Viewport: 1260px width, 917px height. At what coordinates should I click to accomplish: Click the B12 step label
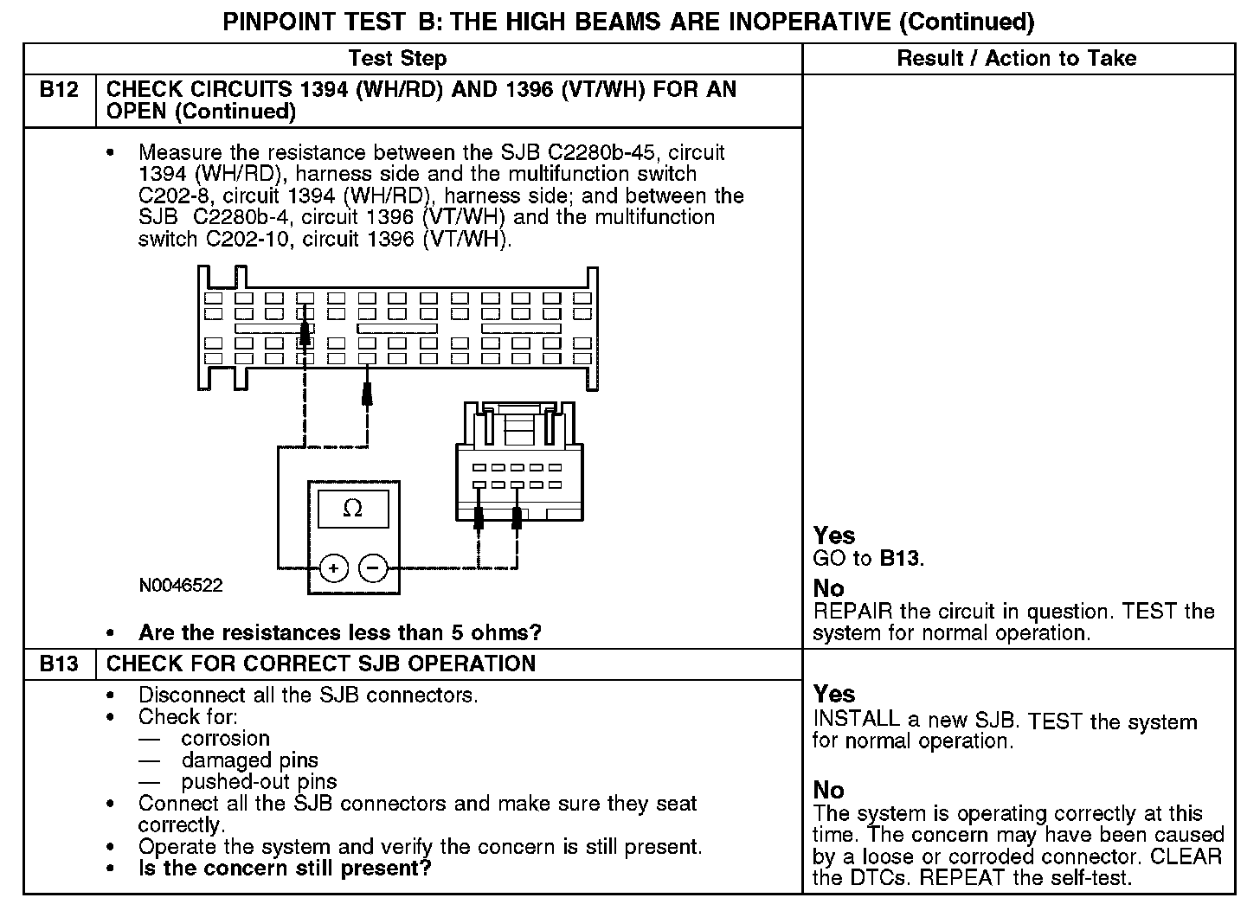(59, 90)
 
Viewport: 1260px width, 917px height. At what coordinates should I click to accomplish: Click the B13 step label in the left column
(59, 664)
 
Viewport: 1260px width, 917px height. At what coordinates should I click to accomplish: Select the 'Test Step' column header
(397, 59)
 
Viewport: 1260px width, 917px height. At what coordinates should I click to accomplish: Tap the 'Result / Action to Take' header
(1017, 59)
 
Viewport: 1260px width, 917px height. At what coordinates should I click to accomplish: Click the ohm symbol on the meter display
(353, 509)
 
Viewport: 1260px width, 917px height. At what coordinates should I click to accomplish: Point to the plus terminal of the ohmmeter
(334, 568)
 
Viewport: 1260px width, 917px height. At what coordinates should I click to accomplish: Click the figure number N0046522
(180, 586)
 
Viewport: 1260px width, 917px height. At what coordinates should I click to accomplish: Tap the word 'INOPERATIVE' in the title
(810, 22)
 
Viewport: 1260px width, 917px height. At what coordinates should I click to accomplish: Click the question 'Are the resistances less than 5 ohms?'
(339, 633)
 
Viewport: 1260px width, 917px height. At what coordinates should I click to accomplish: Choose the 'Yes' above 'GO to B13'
(834, 536)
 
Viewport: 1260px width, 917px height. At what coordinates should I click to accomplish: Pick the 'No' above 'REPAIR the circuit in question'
(828, 589)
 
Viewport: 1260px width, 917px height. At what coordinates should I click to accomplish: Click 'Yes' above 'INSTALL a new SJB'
(834, 695)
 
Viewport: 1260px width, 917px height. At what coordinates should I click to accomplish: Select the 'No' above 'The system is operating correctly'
(828, 791)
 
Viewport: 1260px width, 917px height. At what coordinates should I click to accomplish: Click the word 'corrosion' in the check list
(225, 739)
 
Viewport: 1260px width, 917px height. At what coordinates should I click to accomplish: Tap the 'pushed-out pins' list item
(259, 782)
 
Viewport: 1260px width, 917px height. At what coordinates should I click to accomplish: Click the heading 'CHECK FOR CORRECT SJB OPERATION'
(320, 664)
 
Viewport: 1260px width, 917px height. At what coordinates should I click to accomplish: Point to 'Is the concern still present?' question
(285, 868)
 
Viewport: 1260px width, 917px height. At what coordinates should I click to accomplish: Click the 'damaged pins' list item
(249, 760)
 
